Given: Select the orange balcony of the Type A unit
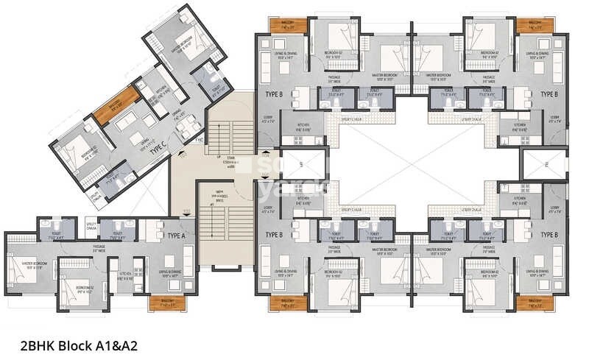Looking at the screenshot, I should pyautogui.click(x=163, y=302).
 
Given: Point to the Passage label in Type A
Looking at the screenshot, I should pyautogui.click(x=99, y=248).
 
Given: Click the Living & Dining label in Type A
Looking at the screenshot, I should pyautogui.click(x=172, y=274).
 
